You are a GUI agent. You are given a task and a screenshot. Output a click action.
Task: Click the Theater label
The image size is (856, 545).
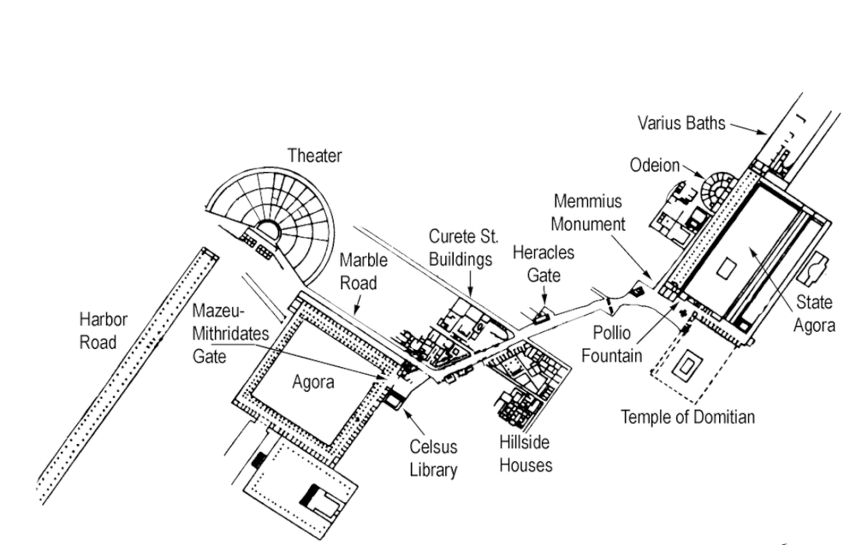[314, 156]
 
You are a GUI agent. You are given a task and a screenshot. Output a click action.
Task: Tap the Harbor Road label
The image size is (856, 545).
[104, 331]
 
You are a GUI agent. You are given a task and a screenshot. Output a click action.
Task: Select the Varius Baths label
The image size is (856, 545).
[681, 123]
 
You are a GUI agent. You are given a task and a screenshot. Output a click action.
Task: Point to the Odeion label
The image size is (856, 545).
[655, 165]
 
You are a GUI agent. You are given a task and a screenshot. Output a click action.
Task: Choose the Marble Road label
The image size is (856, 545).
[364, 270]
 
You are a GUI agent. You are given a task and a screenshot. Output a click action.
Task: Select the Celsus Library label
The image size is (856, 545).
[433, 458]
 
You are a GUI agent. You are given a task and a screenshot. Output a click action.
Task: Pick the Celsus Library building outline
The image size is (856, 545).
[395, 397]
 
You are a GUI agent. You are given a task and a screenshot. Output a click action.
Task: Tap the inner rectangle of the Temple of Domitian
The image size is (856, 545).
[686, 369]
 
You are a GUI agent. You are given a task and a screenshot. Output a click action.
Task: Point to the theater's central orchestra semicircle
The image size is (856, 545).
[269, 230]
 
